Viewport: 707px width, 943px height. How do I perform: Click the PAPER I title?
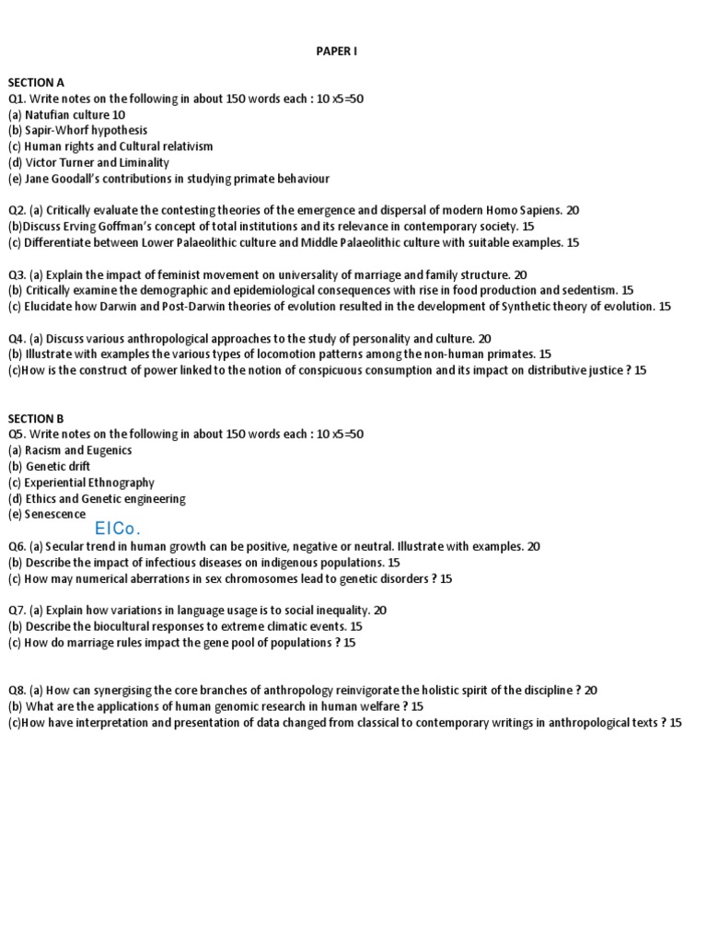(x=335, y=52)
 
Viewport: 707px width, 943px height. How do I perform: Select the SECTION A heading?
(x=37, y=82)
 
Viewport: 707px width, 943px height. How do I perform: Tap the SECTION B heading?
(x=37, y=418)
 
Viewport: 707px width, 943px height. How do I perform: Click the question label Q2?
(x=17, y=211)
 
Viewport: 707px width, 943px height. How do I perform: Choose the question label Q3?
(x=17, y=274)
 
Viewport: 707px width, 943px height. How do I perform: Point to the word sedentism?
(x=589, y=291)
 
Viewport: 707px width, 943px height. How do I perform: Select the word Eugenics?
(x=110, y=450)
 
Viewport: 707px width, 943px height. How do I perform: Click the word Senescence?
(x=55, y=515)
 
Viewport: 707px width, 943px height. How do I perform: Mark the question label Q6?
(x=17, y=546)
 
